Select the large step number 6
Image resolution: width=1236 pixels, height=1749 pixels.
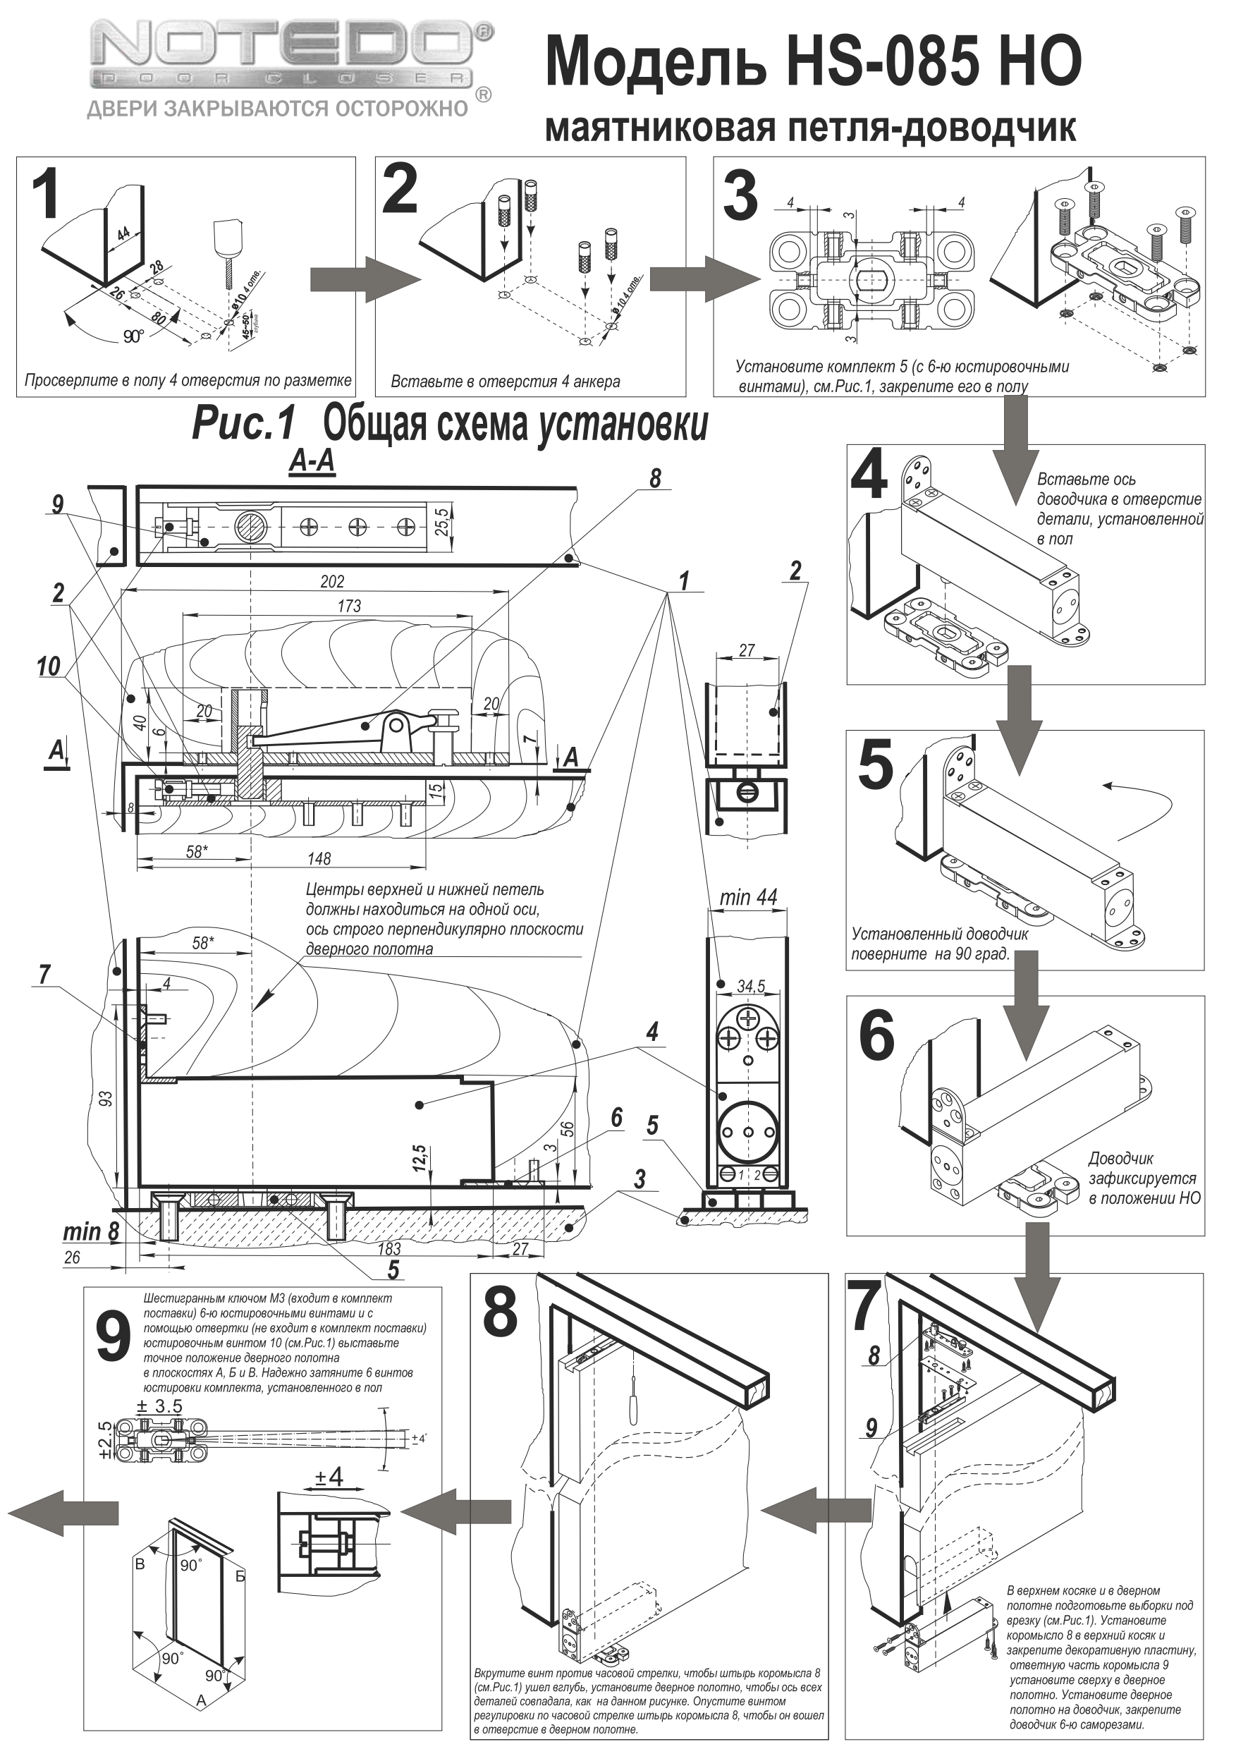coord(876,1036)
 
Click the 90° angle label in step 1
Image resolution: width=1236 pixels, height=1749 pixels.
coord(133,336)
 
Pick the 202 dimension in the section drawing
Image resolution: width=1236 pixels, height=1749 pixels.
coord(332,581)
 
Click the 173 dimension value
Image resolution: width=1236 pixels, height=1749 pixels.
coord(348,607)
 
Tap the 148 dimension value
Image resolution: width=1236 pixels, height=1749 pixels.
coord(319,858)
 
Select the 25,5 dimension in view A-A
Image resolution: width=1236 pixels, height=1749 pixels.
coord(441,522)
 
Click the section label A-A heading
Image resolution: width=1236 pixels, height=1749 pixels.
coord(312,463)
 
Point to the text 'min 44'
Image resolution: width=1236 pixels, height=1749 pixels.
coord(748,897)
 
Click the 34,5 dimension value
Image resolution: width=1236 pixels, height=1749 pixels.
coord(751,987)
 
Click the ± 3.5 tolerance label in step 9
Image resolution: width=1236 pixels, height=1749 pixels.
coord(159,1406)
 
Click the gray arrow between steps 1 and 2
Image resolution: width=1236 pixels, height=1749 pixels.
coord(365,279)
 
